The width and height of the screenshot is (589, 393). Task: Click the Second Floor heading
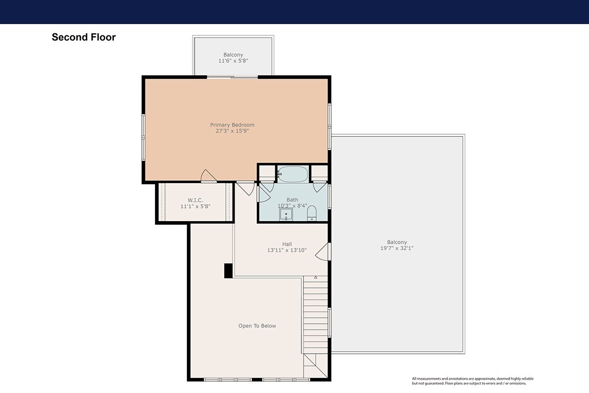(x=83, y=37)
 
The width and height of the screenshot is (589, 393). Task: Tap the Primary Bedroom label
(x=232, y=125)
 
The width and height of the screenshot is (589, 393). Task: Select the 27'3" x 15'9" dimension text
(x=232, y=131)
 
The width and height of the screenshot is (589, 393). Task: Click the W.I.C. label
(x=195, y=200)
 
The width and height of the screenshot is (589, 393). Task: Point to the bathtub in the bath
(x=293, y=174)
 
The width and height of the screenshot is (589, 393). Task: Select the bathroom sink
(x=286, y=215)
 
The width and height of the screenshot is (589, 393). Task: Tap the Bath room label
(x=292, y=200)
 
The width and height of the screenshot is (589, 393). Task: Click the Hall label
(x=287, y=244)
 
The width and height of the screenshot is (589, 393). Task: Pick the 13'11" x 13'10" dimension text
(x=287, y=250)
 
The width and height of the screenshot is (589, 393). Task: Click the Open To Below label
(x=257, y=326)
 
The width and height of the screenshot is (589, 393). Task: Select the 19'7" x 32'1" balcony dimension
(x=397, y=248)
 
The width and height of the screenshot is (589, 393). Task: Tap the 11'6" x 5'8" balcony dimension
(x=233, y=61)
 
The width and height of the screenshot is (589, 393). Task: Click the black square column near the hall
(x=228, y=271)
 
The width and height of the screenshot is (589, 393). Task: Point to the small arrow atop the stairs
(x=316, y=277)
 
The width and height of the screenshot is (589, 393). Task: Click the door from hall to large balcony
(x=322, y=252)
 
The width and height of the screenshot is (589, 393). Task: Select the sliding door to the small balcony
(x=232, y=77)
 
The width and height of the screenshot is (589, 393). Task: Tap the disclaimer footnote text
(x=473, y=381)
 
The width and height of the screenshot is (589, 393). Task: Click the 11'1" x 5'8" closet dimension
(x=195, y=206)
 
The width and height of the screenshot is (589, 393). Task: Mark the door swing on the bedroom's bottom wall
(x=209, y=176)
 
